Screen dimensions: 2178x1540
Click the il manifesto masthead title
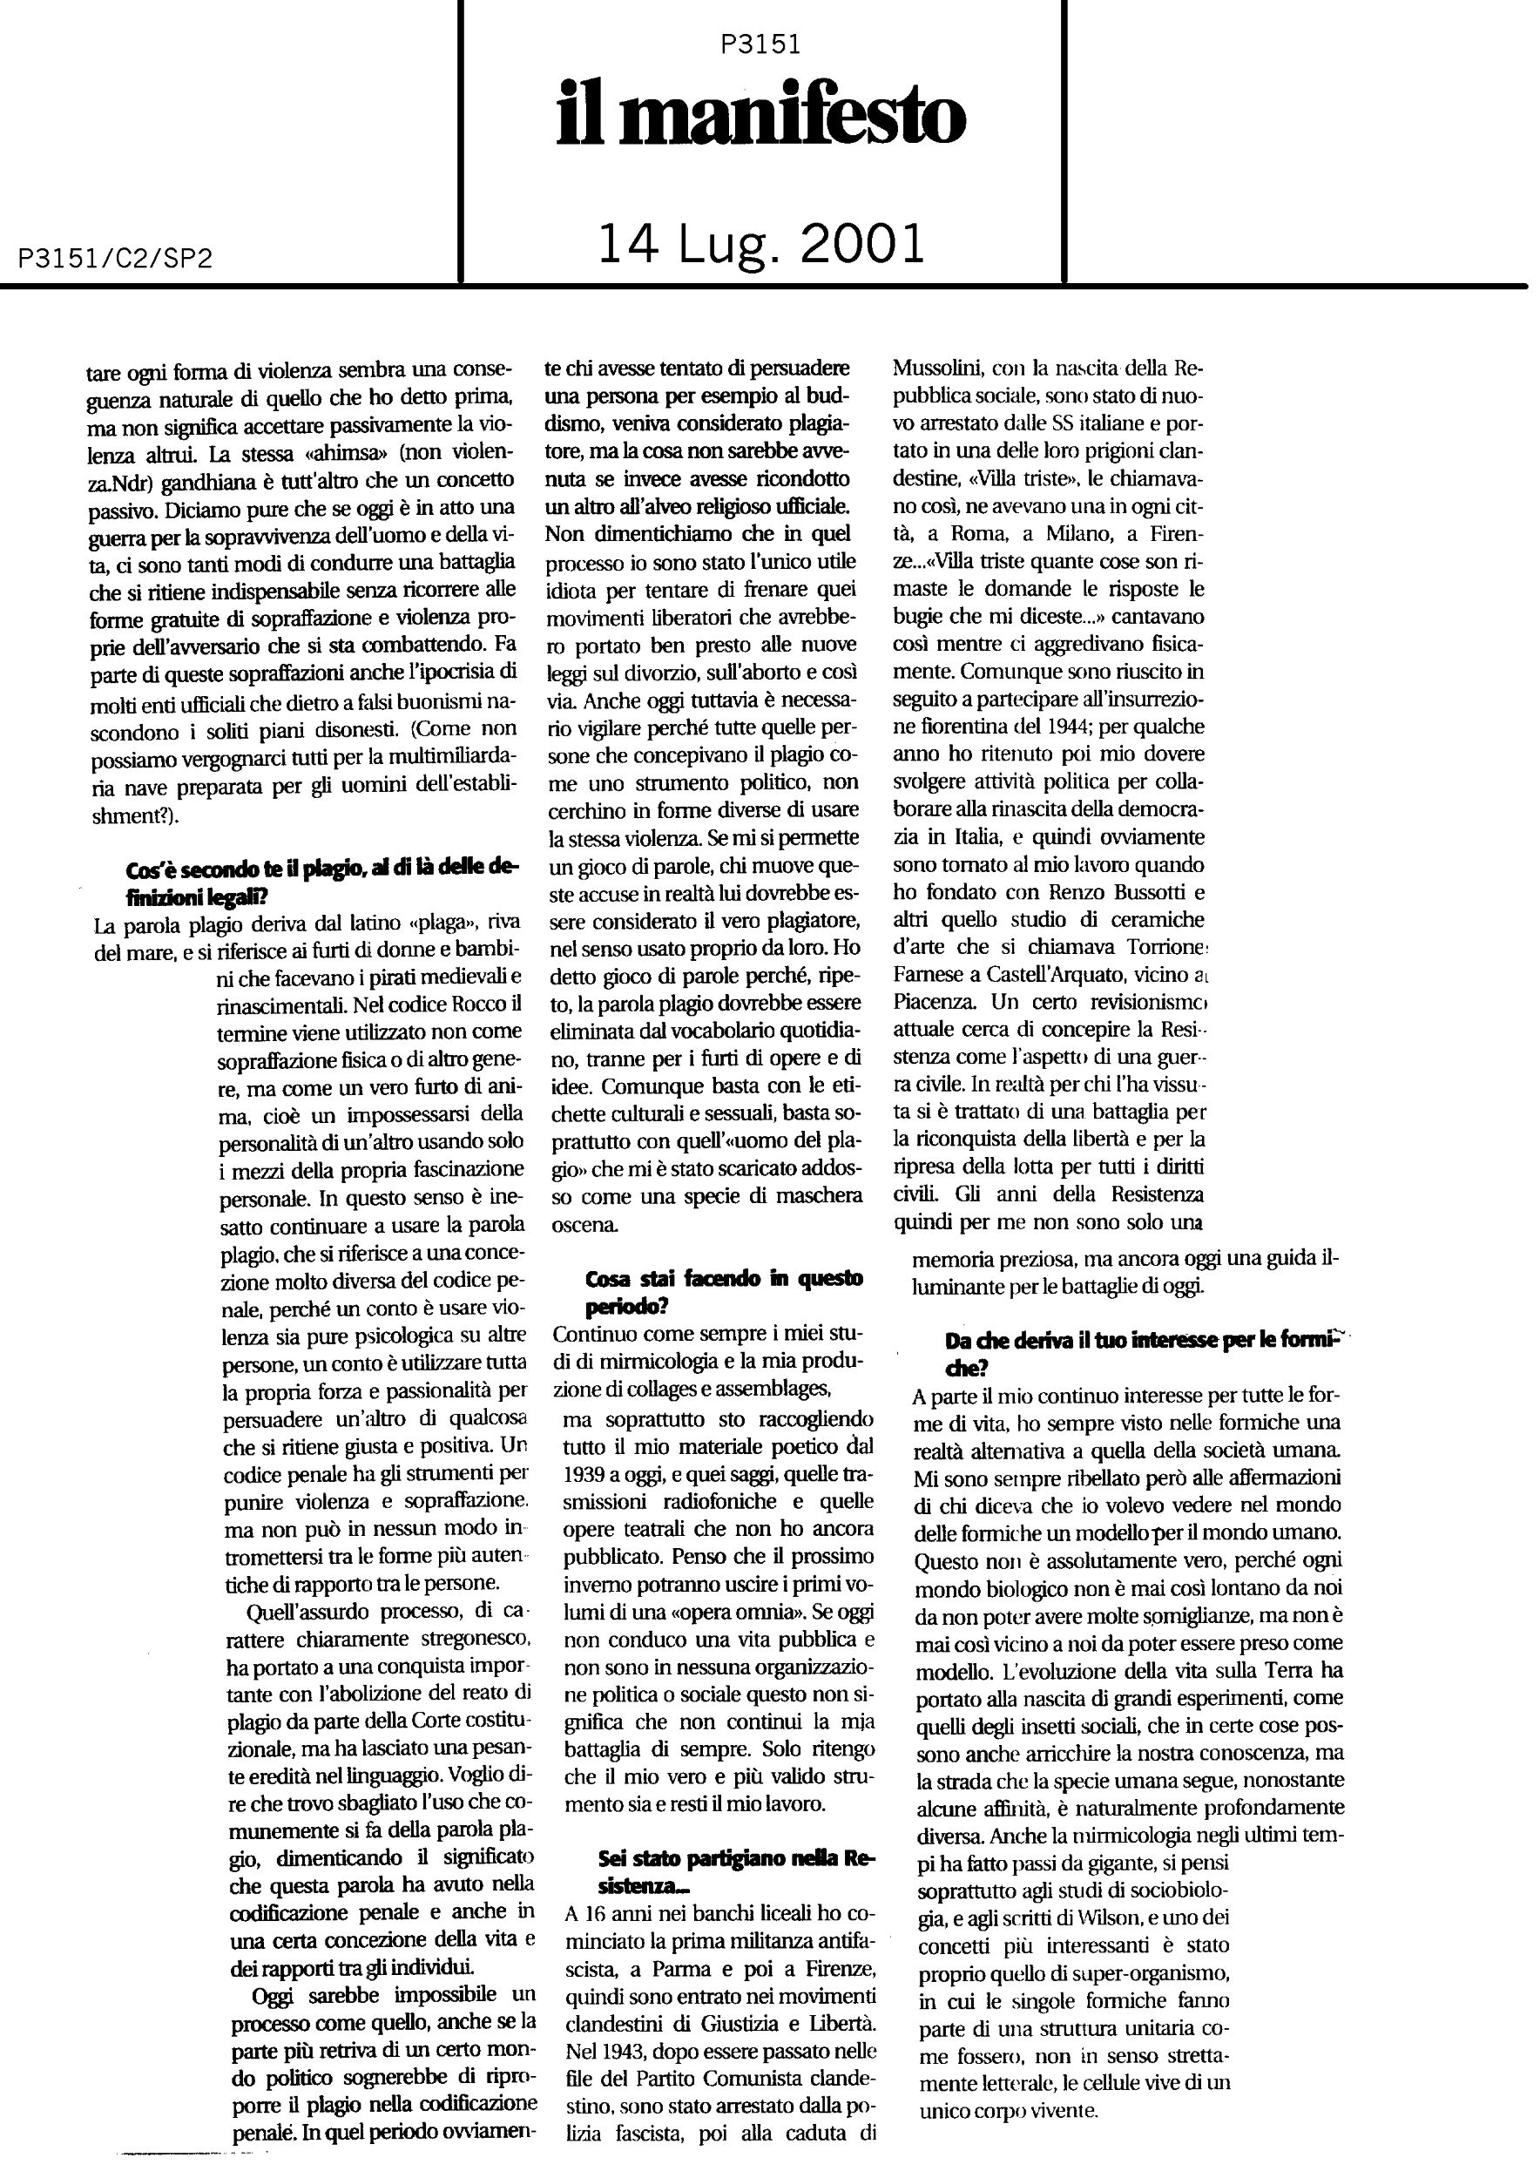click(760, 117)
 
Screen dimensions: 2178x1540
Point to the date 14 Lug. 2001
click(760, 244)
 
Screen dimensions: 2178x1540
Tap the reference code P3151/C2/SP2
click(115, 259)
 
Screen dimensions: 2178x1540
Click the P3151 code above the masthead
click(760, 44)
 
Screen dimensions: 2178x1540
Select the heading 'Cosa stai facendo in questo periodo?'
click(724, 1291)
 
